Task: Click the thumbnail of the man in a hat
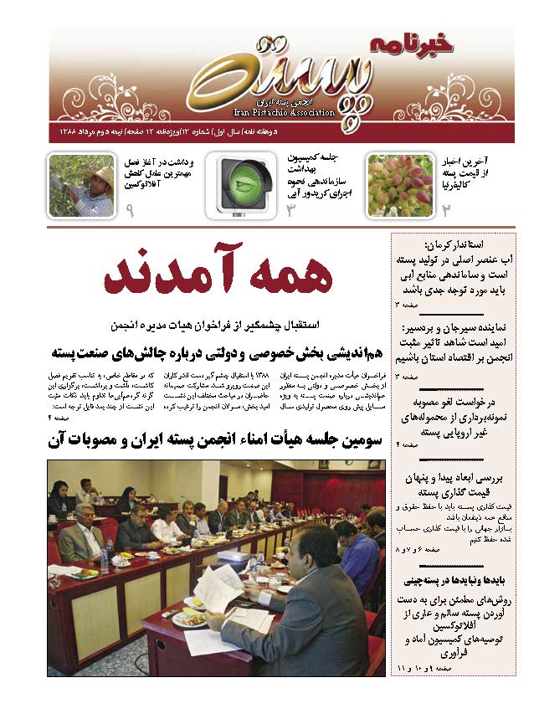(x=82, y=186)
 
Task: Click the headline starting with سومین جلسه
(x=216, y=439)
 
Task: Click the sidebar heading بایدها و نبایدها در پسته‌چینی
(x=454, y=578)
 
